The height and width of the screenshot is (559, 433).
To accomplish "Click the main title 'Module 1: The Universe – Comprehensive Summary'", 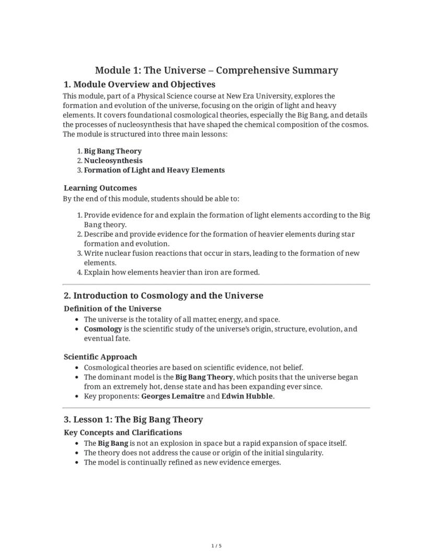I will coord(216,70).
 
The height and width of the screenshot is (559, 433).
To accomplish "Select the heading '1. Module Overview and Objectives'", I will coord(139,85).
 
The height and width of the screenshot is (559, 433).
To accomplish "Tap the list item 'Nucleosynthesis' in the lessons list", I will coord(113,161).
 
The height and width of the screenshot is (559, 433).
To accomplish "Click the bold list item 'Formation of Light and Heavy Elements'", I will coord(154,170).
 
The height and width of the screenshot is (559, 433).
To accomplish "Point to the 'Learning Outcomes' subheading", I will coord(100,188).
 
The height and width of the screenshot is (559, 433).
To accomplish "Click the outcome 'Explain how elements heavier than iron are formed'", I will coord(172,272).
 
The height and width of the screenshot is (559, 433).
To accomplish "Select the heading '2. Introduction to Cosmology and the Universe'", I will coord(163,296).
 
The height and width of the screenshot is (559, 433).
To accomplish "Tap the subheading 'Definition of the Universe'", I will coord(112,308).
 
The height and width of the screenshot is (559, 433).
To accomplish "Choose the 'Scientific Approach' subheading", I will coord(100,357).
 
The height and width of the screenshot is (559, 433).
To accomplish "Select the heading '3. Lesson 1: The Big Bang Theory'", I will coord(133,420).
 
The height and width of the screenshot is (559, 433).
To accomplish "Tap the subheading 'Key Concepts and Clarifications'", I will coord(123,433).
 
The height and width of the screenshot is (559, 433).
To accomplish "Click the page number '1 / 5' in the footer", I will coord(216,546).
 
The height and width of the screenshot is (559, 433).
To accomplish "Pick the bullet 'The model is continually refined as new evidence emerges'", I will coord(182,462).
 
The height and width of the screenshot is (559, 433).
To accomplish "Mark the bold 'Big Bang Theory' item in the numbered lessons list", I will coord(112,151).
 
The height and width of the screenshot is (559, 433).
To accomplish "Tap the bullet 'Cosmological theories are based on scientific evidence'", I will coord(193,367).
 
